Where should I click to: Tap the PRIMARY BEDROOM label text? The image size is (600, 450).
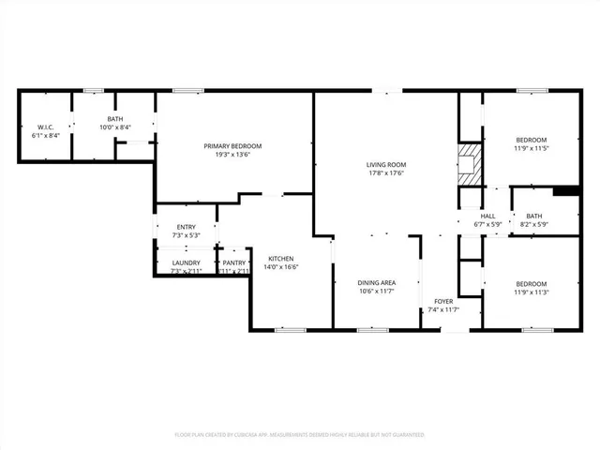click(x=232, y=146)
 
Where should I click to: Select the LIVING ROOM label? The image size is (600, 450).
click(x=385, y=165)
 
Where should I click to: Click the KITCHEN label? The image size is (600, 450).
click(x=282, y=258)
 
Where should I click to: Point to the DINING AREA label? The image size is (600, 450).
click(x=376, y=282)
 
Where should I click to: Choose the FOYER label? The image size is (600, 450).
click(x=443, y=301)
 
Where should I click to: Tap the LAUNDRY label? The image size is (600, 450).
click(x=186, y=263)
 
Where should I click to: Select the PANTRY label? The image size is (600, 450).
click(x=234, y=263)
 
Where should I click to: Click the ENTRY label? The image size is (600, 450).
click(x=186, y=226)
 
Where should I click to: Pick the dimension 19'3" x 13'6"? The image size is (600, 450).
click(x=232, y=155)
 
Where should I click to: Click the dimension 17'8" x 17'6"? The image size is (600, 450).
click(x=385, y=173)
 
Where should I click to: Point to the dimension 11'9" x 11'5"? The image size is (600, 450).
click(x=531, y=148)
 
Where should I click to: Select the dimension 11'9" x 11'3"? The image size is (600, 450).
click(x=531, y=292)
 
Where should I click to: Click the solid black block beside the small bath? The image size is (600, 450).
click(x=566, y=192)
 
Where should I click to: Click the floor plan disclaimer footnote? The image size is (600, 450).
click(x=300, y=435)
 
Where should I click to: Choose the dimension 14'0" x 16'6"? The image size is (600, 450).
click(x=282, y=267)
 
